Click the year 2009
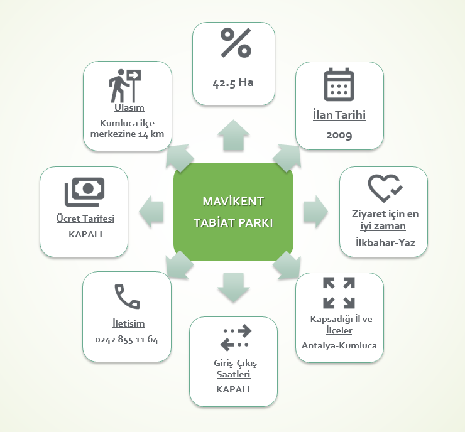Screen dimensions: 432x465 tap(339, 134)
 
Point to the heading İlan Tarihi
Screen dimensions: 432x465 tap(339, 116)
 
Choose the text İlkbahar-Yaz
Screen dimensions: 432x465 tap(383, 242)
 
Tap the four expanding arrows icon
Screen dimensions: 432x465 tap(339, 293)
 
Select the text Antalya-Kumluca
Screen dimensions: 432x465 tap(339, 345)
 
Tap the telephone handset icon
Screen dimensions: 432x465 tap(127, 296)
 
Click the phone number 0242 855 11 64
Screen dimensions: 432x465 tap(127, 340)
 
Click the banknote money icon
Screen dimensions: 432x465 tap(84, 192)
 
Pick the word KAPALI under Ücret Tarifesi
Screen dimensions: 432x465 tap(84, 234)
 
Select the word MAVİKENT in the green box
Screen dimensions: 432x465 tap(233, 202)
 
